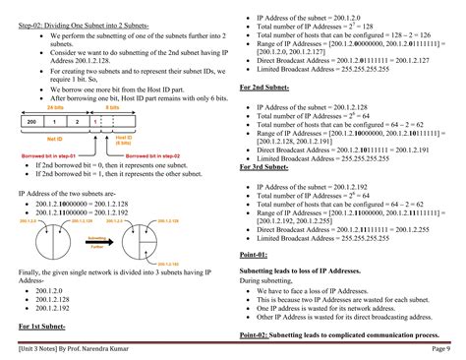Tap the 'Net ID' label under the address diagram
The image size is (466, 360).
click(x=56, y=140)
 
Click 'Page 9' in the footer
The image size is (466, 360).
click(x=439, y=347)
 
